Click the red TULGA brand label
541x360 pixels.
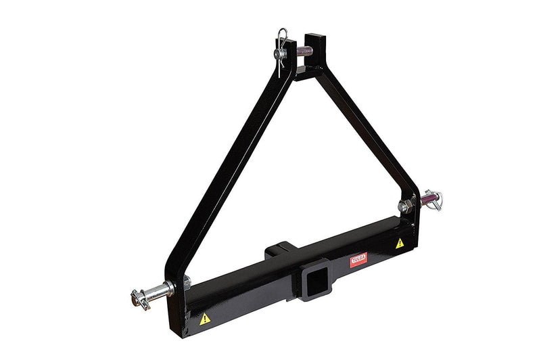pyautogui.click(x=358, y=258)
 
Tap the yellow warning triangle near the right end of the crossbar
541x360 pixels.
pyautogui.click(x=400, y=242)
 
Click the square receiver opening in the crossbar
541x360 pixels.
pyautogui.click(x=312, y=282)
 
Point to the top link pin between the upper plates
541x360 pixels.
pyautogui.click(x=302, y=51)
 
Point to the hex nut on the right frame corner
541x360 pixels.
pyautogui.click(x=404, y=206)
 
